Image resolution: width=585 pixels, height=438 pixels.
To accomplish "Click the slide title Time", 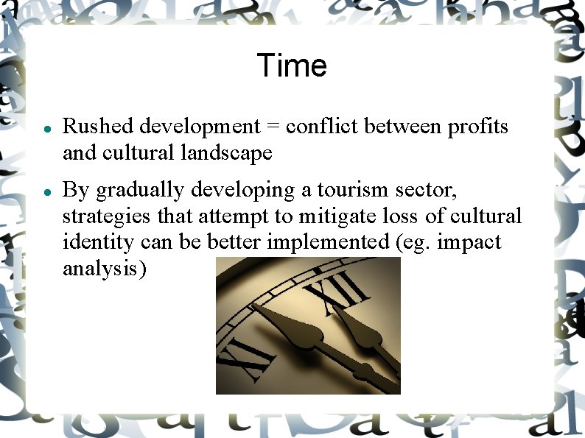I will point(292,66).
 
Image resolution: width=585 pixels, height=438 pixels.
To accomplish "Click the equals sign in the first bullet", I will point(273,127).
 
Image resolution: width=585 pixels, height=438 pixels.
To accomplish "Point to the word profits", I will point(478,127).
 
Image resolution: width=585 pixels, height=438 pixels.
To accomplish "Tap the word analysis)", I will point(105,269).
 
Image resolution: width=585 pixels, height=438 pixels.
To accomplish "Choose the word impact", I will point(469,243).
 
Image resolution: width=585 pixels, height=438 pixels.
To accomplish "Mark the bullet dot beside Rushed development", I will point(46,128).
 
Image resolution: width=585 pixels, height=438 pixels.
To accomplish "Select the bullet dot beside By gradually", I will point(46,191).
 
